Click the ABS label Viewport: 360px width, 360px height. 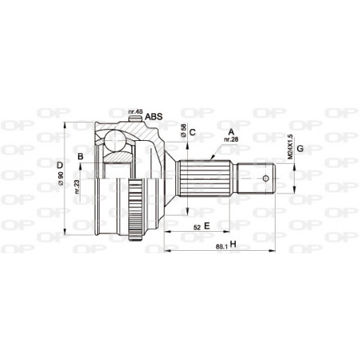point(154,116)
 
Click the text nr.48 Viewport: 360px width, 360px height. point(135,112)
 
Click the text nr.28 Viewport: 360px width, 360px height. point(232,139)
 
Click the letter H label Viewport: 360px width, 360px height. point(233,245)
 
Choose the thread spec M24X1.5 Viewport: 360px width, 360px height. point(290,149)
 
